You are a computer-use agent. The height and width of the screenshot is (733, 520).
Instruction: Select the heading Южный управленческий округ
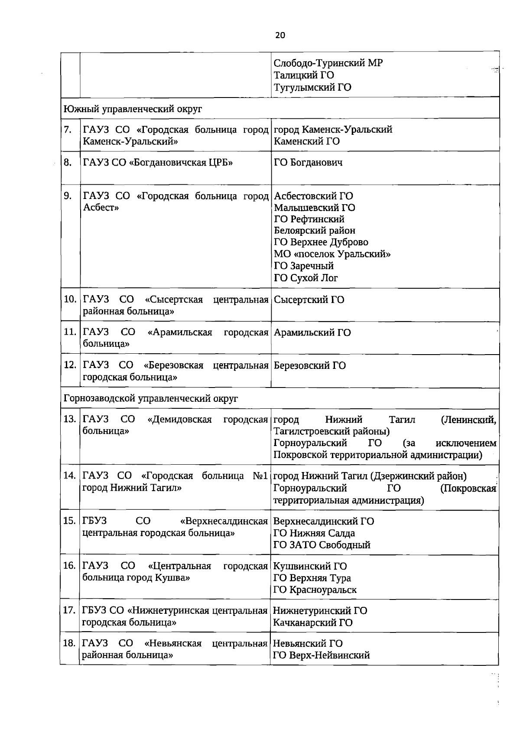pos(133,109)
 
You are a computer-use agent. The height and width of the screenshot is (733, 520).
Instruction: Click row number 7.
pos(68,130)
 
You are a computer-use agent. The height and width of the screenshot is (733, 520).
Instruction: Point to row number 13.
pos(70,419)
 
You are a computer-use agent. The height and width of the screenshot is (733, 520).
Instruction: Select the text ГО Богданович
pos(308,163)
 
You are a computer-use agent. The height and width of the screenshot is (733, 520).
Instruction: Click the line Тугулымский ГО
pos(312,87)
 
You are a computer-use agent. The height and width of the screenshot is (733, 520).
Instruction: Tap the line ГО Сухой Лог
pos(305,278)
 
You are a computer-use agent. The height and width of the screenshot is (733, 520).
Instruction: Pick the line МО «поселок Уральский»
pos(332,254)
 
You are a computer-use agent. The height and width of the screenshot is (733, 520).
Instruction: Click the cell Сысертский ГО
pos(309,300)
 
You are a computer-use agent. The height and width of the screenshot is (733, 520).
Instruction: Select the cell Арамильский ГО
pos(312,332)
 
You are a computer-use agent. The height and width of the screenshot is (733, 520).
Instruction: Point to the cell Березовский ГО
pos(310,365)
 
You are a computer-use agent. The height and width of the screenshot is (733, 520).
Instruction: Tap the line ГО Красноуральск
pos(315,590)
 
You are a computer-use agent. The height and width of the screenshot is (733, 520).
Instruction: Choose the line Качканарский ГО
pos(312,622)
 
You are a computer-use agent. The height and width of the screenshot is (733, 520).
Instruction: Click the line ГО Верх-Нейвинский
pos(321,655)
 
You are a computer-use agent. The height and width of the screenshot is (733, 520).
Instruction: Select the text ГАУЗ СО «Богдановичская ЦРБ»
pos(158,163)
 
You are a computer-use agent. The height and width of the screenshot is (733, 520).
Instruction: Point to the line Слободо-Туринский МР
pos(328,63)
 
